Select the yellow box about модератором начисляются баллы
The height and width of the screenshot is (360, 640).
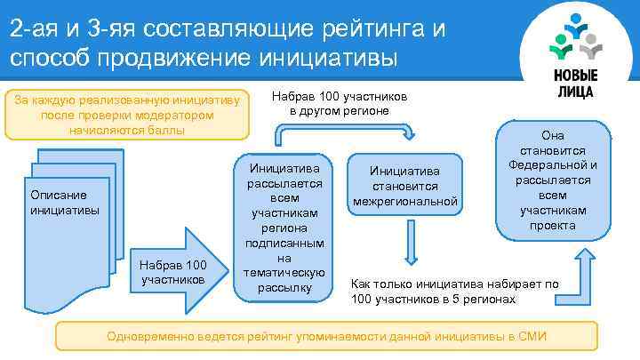click(x=126, y=115)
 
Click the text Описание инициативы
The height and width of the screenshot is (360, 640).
click(x=58, y=203)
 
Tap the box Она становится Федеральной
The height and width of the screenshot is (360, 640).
click(x=552, y=180)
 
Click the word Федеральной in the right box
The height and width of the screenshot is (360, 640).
click(x=552, y=165)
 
